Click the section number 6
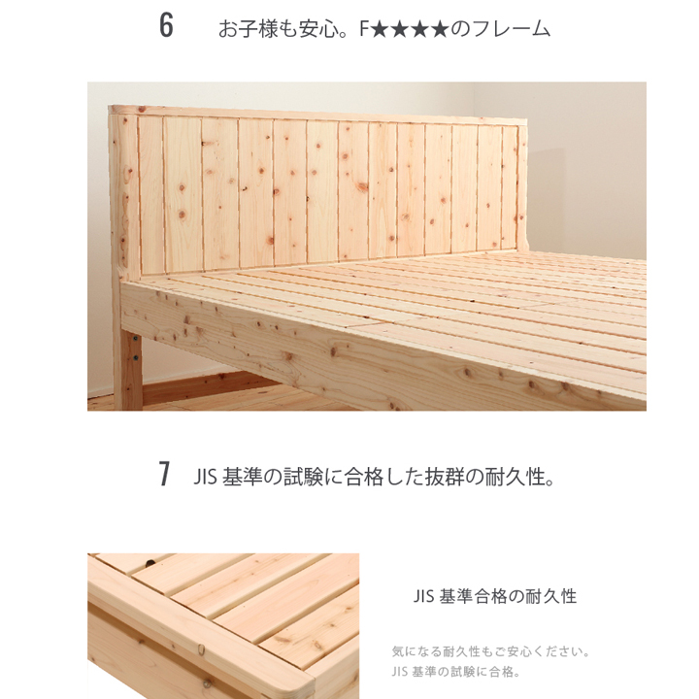pos(166,27)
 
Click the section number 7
pos(165,475)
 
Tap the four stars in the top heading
pos(411,29)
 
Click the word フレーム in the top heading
pos(512,29)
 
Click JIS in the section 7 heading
pos(206,477)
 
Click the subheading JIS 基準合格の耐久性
pos(494,596)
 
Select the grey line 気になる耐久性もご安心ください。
pos(491,651)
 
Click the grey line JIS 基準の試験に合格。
pos(456,671)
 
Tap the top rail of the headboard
pos(320,116)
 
